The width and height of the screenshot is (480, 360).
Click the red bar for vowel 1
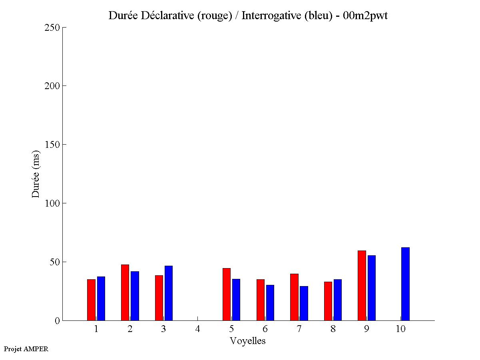[x=91, y=300]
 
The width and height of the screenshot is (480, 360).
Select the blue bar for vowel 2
[x=135, y=296]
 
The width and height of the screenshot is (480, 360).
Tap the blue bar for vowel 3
[x=168, y=293]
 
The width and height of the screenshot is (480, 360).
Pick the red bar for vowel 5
[x=226, y=294]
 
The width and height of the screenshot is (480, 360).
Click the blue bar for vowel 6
[x=270, y=302]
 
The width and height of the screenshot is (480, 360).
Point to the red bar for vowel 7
[x=294, y=297]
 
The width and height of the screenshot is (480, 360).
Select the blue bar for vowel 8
[x=338, y=300]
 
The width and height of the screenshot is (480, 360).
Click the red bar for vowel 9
[x=362, y=285]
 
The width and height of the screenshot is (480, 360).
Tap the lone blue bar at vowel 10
[x=405, y=284]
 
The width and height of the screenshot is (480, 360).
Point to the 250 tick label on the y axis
[x=52, y=28]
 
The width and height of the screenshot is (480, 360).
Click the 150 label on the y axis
[x=52, y=145]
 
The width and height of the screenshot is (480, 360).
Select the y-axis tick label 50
[x=55, y=262]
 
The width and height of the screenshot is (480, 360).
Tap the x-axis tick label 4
[x=197, y=329]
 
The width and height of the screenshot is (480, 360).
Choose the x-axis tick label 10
[x=400, y=329]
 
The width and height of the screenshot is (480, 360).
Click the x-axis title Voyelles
[x=248, y=341]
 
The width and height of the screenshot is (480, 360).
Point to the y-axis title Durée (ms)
[x=36, y=174]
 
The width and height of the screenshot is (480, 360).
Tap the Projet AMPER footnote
[x=26, y=349]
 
